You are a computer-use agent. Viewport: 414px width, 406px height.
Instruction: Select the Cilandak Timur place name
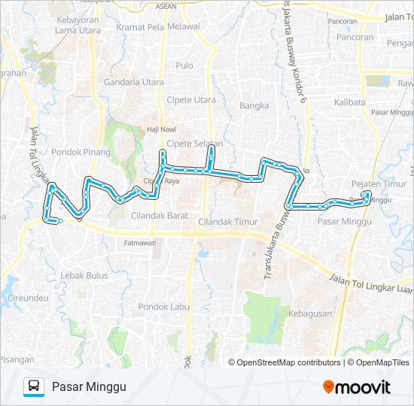[x=227, y=222]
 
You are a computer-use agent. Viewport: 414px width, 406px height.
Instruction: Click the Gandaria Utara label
[x=134, y=81]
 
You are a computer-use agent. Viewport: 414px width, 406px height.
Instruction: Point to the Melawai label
[x=184, y=26]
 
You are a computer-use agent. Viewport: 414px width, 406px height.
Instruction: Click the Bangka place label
[x=254, y=106]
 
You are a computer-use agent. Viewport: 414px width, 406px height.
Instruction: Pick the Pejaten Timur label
[x=368, y=184]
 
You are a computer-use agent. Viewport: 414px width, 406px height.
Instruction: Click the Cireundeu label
[x=28, y=298]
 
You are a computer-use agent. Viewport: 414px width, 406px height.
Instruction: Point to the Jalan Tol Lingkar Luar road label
[x=370, y=283]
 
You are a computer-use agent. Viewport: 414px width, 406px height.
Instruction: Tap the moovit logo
[x=357, y=387]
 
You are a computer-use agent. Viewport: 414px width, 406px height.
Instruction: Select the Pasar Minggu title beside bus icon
[x=88, y=387]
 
